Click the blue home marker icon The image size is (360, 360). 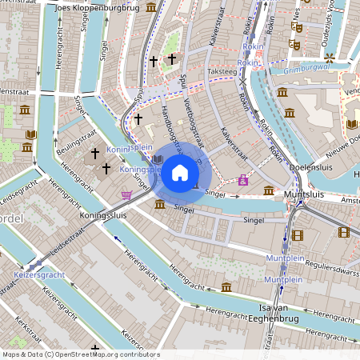[x=180, y=173]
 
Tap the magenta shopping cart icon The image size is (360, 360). [x=126, y=194]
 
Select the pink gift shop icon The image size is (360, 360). [x=243, y=181]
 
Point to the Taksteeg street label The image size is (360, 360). [x=222, y=70]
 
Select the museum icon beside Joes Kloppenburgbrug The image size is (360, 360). [x=151, y=8]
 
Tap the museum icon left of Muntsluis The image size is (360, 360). [x=269, y=190]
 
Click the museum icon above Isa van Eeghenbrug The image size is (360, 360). [x=226, y=287]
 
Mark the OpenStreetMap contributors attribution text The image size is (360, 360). [x=80, y=354]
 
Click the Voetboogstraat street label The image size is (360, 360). [x=190, y=128]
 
